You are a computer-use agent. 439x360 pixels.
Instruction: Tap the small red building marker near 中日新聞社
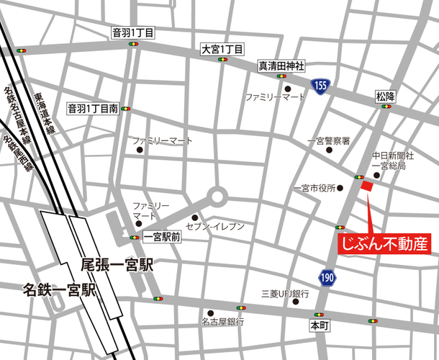(x=366, y=186)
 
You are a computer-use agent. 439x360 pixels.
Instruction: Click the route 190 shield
(x=327, y=276)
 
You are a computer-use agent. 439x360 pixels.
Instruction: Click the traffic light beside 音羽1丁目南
(x=127, y=109)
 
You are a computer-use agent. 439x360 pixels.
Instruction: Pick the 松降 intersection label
(x=386, y=96)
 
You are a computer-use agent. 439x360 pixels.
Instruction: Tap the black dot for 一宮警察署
(x=330, y=150)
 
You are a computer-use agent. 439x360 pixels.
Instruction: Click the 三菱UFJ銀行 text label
(x=285, y=294)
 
